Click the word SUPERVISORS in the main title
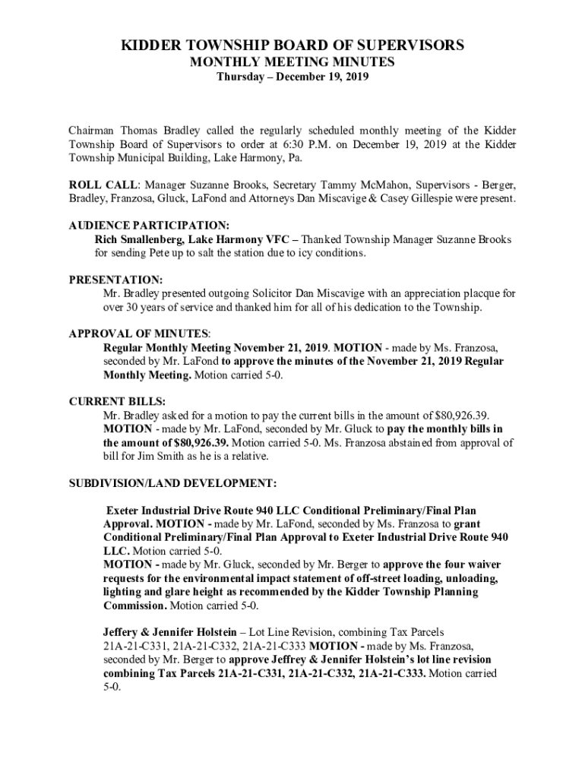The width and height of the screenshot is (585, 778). click(411, 46)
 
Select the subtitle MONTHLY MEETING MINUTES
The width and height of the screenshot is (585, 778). click(292, 62)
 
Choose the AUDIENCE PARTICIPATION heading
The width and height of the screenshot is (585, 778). click(149, 226)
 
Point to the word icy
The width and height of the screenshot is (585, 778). click(298, 253)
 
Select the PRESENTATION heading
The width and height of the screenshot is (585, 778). click(115, 280)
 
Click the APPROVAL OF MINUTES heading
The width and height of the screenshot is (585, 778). click(139, 334)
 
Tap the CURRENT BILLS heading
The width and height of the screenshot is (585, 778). click(117, 401)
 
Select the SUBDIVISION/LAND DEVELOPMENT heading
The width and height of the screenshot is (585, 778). click(172, 483)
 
